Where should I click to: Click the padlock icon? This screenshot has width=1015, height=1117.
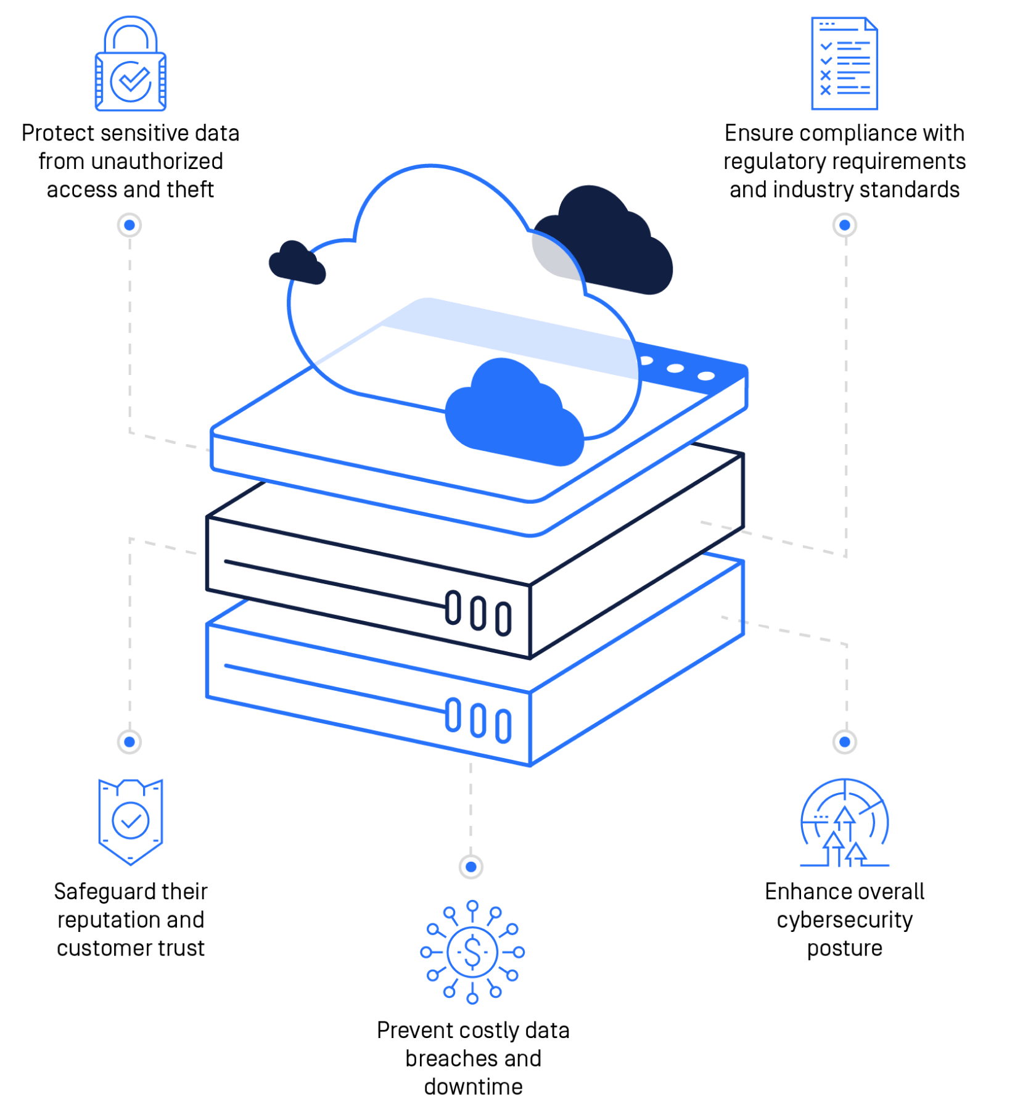point(131,65)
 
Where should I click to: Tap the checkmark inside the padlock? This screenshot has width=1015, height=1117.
point(132,80)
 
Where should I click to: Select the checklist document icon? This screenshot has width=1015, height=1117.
point(844,64)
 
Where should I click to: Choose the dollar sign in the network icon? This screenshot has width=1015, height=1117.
point(472,952)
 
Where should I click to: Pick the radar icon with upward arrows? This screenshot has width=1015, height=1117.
point(844,823)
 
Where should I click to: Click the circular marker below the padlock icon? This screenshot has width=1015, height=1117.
point(129,225)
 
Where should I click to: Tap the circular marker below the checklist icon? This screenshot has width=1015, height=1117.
point(844,225)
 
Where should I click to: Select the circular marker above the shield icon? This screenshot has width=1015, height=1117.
point(129,741)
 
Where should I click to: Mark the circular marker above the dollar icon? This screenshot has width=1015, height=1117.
point(471,867)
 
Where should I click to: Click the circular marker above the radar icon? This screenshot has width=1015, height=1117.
point(844,741)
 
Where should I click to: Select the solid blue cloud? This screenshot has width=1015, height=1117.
point(515,413)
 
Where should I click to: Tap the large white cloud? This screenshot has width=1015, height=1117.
point(432,259)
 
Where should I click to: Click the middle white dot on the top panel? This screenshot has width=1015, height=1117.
point(675,368)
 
